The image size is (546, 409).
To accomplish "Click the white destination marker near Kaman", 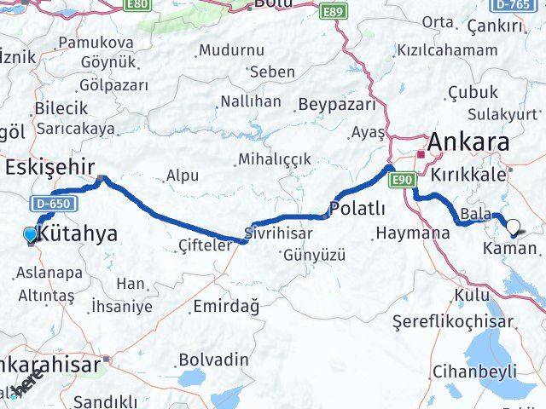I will pyautogui.click(x=514, y=228).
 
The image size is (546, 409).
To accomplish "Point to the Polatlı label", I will pyautogui.click(x=357, y=210).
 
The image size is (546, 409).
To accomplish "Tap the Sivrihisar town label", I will pyautogui.click(x=274, y=231).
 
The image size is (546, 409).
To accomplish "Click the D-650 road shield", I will pyautogui.click(x=53, y=203).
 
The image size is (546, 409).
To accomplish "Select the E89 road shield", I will pyautogui.click(x=334, y=11).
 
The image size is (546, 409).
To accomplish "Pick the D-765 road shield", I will pyautogui.click(x=526, y=6).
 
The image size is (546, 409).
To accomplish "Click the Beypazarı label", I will pyautogui.click(x=337, y=105).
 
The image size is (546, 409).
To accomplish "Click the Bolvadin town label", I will pyautogui.click(x=214, y=360).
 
